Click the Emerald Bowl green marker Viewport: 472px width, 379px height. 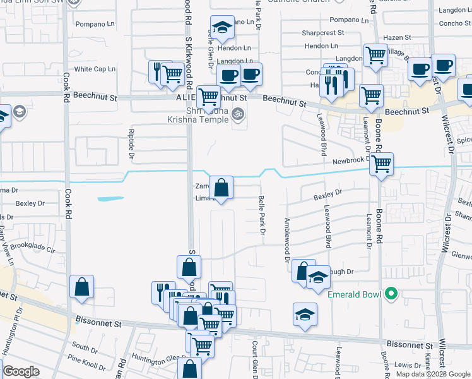click(x=391, y=293)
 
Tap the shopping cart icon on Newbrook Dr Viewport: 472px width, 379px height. click(x=382, y=164)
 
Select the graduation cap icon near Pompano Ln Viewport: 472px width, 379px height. click(x=222, y=27)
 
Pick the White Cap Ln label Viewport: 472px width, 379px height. click(x=95, y=69)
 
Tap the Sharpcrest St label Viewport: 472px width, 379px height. click(x=322, y=32)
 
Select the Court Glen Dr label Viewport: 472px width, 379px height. click(x=256, y=361)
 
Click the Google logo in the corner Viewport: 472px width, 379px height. click(x=21, y=371)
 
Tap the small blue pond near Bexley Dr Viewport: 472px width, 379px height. click(x=111, y=199)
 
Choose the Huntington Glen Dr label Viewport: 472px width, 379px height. click(x=161, y=359)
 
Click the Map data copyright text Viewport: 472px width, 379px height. click(x=432, y=374)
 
